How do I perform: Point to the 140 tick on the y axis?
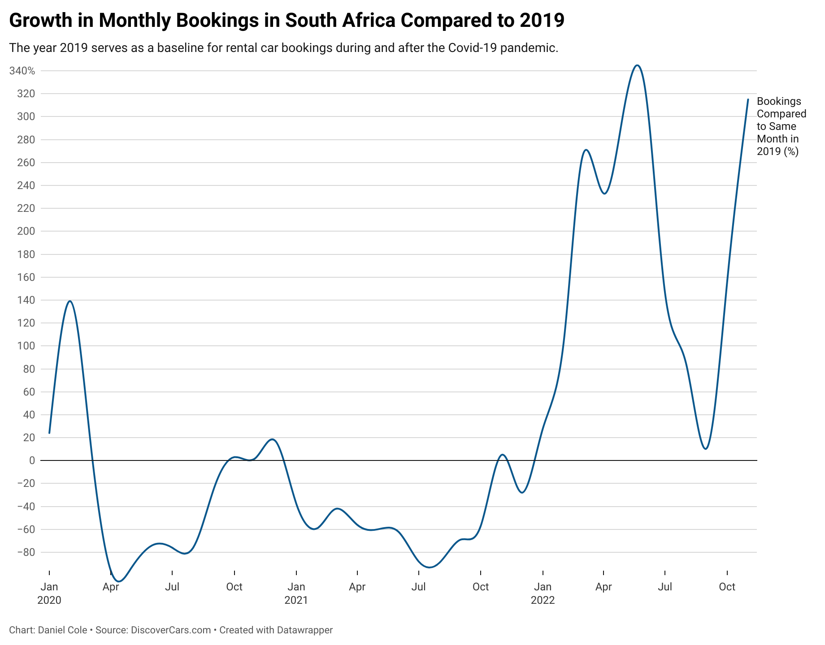pyautogui.click(x=26, y=300)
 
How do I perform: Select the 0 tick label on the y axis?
pyautogui.click(x=31, y=460)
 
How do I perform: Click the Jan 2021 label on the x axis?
pyautogui.click(x=296, y=593)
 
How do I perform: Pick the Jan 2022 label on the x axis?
pyautogui.click(x=543, y=593)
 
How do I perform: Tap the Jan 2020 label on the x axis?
pyautogui.click(x=49, y=593)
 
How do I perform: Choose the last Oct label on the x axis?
pyautogui.click(x=727, y=587)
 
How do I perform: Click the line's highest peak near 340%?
pyautogui.click(x=637, y=65)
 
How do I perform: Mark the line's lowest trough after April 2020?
pyautogui.click(x=119, y=581)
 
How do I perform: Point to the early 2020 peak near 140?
pyautogui.click(x=70, y=301)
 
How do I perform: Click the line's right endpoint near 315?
pyautogui.click(x=748, y=99)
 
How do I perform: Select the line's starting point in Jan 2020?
pyautogui.click(x=49, y=433)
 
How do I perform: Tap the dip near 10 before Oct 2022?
pyautogui.click(x=706, y=449)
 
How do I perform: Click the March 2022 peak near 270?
pyautogui.click(x=586, y=150)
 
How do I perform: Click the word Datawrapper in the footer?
pyautogui.click(x=304, y=630)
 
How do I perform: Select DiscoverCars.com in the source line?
pyautogui.click(x=171, y=630)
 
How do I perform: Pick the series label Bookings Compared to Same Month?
pyautogui.click(x=781, y=126)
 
